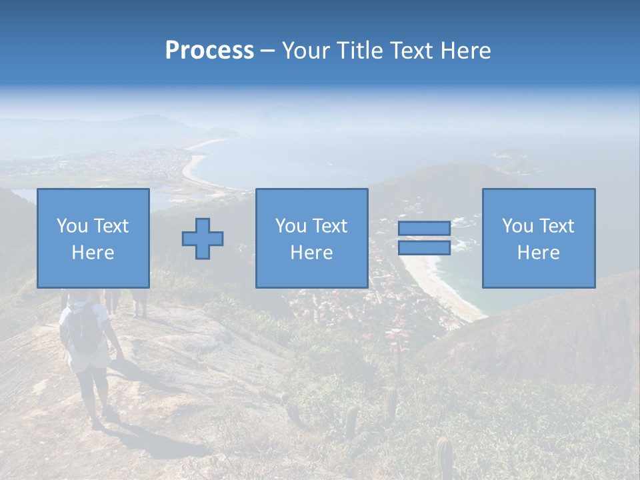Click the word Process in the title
click(209, 51)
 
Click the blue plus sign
click(203, 239)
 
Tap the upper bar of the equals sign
click(424, 229)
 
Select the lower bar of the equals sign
click(424, 247)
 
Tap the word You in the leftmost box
click(71, 226)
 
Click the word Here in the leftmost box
click(93, 253)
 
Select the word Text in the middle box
click(330, 226)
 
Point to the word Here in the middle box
click(312, 253)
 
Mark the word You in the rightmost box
click(517, 226)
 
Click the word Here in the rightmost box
click(539, 253)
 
